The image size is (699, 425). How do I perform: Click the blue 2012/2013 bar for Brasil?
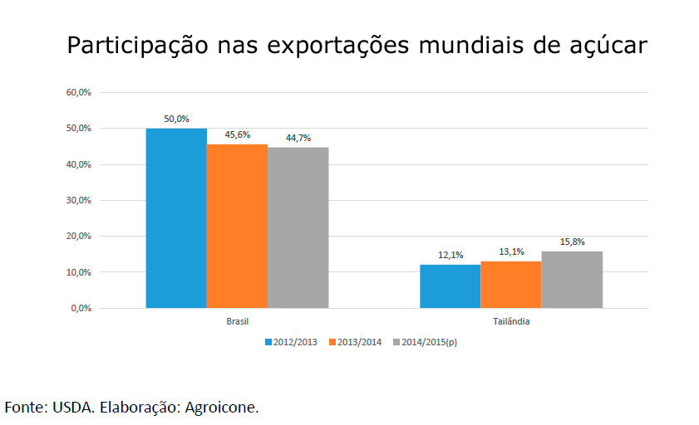click(176, 217)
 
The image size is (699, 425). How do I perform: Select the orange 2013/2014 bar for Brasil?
click(237, 226)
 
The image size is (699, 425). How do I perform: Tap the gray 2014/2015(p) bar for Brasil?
click(298, 227)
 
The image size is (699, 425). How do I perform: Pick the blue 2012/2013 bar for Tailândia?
click(450, 286)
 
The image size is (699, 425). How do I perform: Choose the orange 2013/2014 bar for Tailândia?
click(510, 285)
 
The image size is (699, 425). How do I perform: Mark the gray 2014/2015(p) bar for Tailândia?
click(572, 280)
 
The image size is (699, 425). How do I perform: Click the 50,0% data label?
click(176, 119)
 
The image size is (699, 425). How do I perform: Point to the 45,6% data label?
click(238, 134)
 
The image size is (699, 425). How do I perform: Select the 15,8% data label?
click(572, 242)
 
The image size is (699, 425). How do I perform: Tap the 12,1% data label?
click(450, 255)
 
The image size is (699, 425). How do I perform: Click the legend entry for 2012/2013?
click(291, 341)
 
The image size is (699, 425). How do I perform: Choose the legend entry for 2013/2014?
click(355, 341)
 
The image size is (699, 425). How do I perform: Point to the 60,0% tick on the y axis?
click(78, 92)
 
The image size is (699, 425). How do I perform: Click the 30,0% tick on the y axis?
click(78, 200)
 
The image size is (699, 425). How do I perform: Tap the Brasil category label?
click(238, 320)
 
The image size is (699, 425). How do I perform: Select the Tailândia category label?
click(511, 320)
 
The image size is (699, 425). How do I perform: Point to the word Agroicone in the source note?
click(222, 407)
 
